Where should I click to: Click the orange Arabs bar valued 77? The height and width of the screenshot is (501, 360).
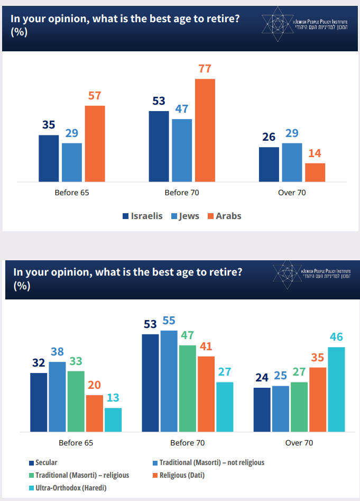(x=205, y=130)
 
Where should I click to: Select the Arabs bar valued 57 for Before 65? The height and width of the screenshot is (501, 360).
(x=95, y=143)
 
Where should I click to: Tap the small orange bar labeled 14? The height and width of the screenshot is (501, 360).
(x=315, y=172)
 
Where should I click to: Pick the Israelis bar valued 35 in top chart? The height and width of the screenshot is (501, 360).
(x=49, y=158)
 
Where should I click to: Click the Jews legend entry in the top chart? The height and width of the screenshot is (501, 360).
(x=185, y=216)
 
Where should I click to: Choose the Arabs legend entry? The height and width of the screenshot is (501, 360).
(x=224, y=216)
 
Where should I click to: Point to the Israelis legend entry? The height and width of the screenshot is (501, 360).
(x=143, y=216)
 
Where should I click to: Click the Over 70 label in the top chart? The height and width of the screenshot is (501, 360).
(x=292, y=193)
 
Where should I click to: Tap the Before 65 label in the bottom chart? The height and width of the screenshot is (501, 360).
(x=76, y=442)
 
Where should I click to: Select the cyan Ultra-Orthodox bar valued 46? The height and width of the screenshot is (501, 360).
(x=336, y=389)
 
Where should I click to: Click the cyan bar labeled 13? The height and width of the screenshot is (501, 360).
(x=113, y=420)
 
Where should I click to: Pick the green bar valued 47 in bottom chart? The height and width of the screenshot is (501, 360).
(x=188, y=388)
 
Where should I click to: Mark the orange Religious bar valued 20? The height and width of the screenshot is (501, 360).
(x=95, y=413)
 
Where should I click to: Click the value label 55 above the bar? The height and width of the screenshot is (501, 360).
(x=169, y=321)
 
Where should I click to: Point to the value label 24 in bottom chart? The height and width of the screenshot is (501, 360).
(x=262, y=378)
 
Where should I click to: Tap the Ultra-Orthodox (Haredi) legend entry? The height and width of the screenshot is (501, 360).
(x=71, y=487)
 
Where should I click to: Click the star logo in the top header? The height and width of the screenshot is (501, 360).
(x=277, y=25)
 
